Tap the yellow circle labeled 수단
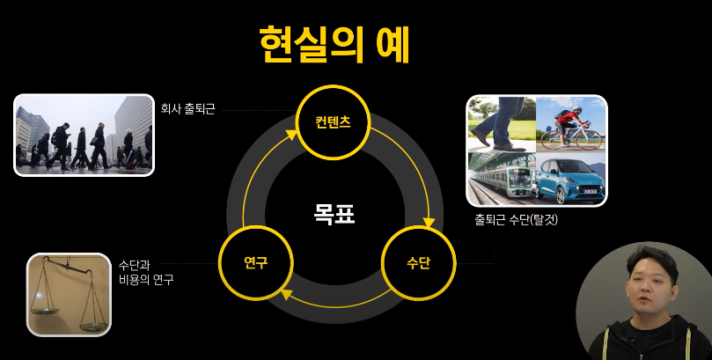[x=418, y=262]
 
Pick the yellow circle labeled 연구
[x=255, y=262]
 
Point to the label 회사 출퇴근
[x=187, y=110]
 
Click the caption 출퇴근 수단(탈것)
[x=516, y=220]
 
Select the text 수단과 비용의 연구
[x=145, y=272]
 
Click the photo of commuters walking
[x=84, y=135]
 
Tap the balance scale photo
[x=69, y=294]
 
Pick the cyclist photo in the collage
[x=570, y=123]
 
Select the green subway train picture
[x=500, y=179]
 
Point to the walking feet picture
[x=500, y=123]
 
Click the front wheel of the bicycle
[x=593, y=138]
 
